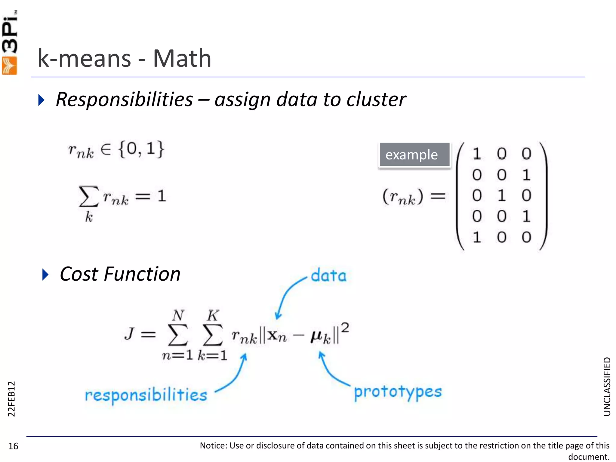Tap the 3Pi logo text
10,33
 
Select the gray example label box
414,155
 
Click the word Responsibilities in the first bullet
124,100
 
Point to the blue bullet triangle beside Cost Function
45,274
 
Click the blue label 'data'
328,276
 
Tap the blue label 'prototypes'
398,392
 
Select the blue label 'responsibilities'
146,395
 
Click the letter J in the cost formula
129,334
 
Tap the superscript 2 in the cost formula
345,328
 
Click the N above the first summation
178,315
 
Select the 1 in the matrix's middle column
501,196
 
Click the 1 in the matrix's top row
477,154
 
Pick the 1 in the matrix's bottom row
477,237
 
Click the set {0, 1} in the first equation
141,149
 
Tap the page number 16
13,446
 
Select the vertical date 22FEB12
11,399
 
